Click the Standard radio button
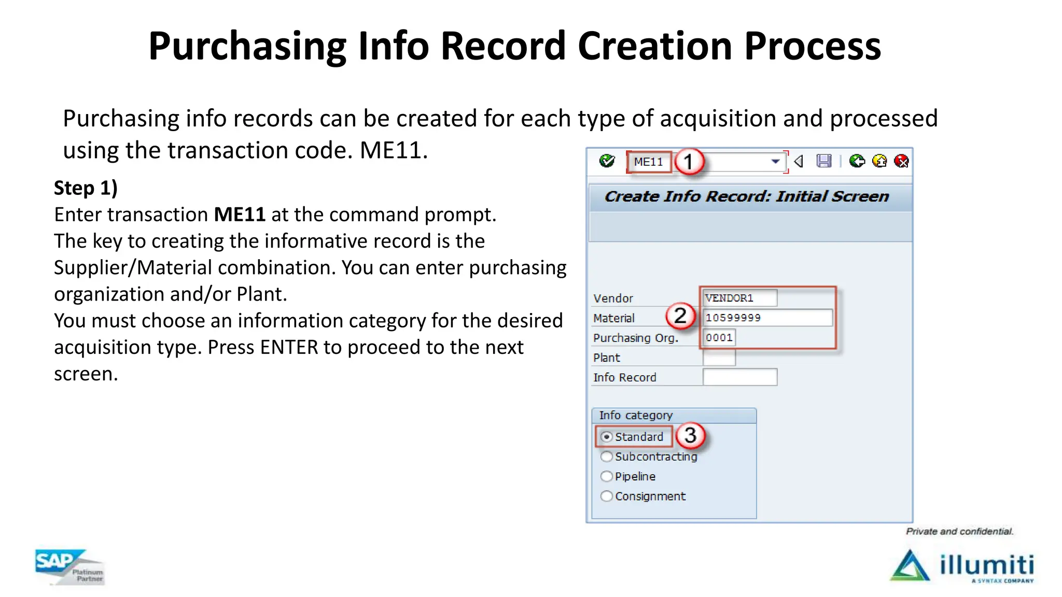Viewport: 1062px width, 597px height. (606, 437)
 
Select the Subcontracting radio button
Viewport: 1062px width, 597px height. (606, 457)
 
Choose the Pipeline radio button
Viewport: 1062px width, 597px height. (606, 476)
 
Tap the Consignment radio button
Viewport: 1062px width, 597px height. (606, 496)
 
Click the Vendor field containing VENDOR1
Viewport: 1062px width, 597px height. (739, 298)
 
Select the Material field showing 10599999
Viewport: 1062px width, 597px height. (767, 318)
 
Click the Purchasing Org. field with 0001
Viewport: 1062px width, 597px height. (719, 337)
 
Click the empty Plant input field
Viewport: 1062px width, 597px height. (719, 358)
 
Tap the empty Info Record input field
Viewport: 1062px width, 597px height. (739, 377)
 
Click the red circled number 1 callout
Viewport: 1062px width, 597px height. (688, 162)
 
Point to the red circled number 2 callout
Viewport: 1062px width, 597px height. (680, 316)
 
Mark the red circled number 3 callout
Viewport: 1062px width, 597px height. (690, 435)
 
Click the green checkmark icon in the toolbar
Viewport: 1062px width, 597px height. (607, 161)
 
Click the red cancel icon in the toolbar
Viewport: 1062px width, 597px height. (902, 161)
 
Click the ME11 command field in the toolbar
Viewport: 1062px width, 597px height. (649, 162)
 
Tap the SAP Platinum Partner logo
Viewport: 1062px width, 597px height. (69, 567)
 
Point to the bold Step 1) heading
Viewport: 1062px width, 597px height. (86, 188)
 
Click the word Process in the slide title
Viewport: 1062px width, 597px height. (812, 46)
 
